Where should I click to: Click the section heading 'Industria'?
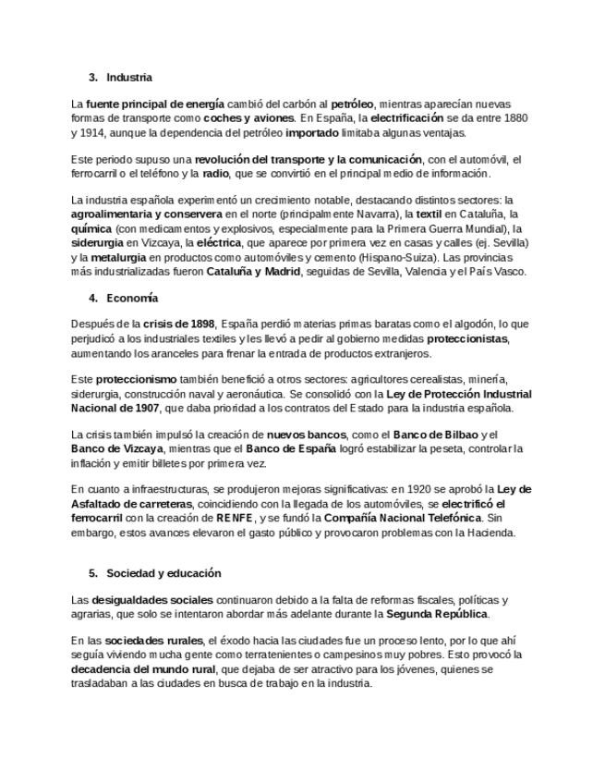coord(129,78)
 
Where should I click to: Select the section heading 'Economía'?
coord(132,299)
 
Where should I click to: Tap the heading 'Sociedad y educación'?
coord(163,573)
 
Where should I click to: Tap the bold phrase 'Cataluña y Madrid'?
coord(247,272)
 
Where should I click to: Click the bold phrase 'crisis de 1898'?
coord(179,325)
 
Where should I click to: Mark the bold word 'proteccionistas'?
coord(467,339)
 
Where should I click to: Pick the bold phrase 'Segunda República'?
coord(436,614)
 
